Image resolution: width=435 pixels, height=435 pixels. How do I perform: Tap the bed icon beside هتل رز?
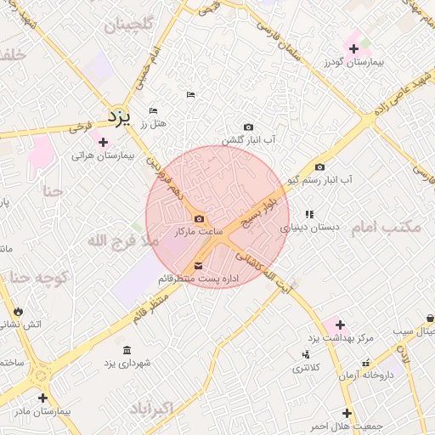[x=153, y=110]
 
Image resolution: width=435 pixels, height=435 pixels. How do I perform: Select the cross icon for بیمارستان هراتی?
[x=104, y=142]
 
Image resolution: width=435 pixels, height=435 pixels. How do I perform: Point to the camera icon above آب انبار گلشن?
[x=248, y=127]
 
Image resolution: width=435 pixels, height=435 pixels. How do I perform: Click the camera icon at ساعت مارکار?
[x=199, y=218]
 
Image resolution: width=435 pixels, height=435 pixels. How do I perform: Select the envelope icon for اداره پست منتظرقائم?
[x=199, y=266]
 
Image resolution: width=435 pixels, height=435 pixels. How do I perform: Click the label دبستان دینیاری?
[x=310, y=228]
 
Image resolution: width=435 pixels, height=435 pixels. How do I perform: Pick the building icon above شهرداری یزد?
[x=127, y=351]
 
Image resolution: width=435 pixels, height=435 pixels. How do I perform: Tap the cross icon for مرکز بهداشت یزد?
[x=340, y=325]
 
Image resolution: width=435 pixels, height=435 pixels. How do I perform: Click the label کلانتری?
[x=307, y=368]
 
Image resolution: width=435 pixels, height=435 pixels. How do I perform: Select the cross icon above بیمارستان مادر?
[x=42, y=397]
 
